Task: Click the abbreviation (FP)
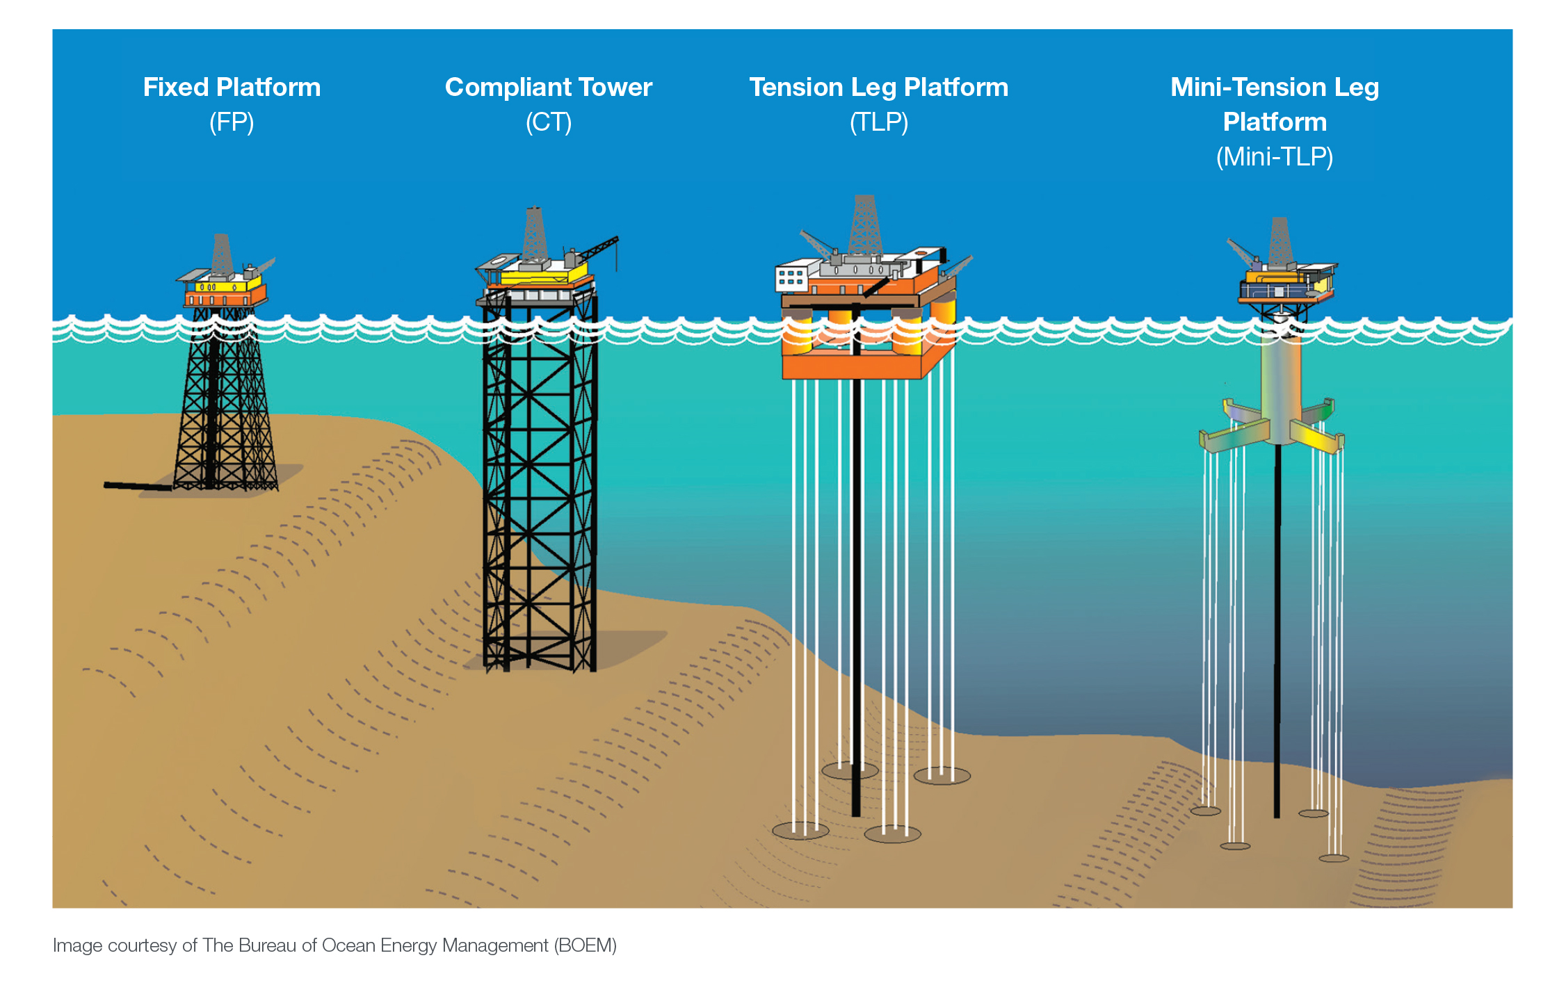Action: point(232,123)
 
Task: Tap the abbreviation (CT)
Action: point(548,123)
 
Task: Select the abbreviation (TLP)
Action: point(878,123)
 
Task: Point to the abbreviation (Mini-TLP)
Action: point(1274,157)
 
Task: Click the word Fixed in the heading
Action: point(175,88)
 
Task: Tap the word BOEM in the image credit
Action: point(585,945)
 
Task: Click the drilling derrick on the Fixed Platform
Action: point(222,255)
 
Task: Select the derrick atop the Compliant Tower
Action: point(534,233)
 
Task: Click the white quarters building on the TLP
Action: point(796,276)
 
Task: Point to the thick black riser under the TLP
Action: point(856,591)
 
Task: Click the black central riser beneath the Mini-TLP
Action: point(1277,626)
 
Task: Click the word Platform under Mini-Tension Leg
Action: point(1274,122)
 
